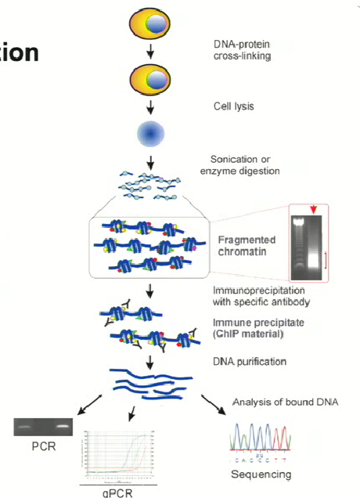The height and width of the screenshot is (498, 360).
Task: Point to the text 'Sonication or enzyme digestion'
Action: (245, 165)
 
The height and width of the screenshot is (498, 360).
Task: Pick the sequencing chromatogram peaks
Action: (261, 443)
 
